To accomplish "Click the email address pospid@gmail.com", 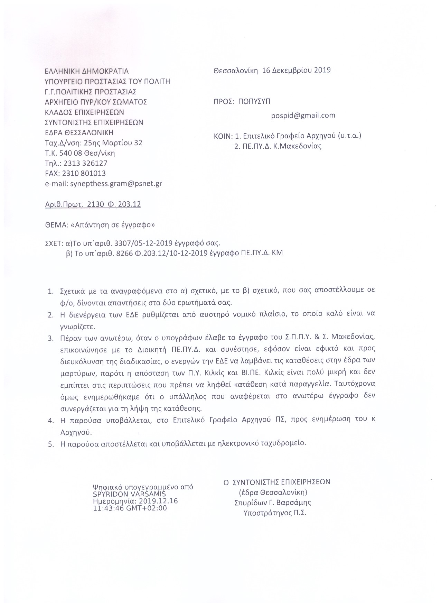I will point(303,116).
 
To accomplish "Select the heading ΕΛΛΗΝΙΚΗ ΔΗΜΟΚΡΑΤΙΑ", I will point(87,71).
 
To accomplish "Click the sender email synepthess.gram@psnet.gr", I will point(116,184).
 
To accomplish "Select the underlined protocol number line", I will point(93,204).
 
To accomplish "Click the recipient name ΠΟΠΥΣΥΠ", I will point(255,101).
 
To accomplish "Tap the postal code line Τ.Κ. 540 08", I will point(80,153).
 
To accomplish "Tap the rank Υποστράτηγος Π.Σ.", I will point(275,513).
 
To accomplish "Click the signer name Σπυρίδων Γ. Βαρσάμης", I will point(272,503).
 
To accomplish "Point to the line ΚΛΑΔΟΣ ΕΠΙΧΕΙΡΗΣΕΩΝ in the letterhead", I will point(84,112).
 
